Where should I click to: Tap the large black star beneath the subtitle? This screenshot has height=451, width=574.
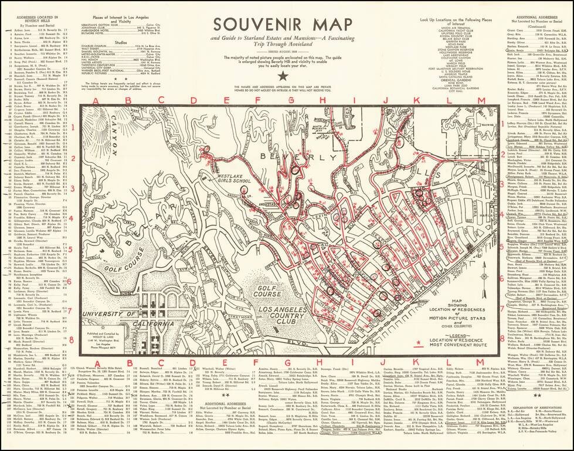283,76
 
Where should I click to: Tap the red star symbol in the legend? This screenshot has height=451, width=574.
418,342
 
